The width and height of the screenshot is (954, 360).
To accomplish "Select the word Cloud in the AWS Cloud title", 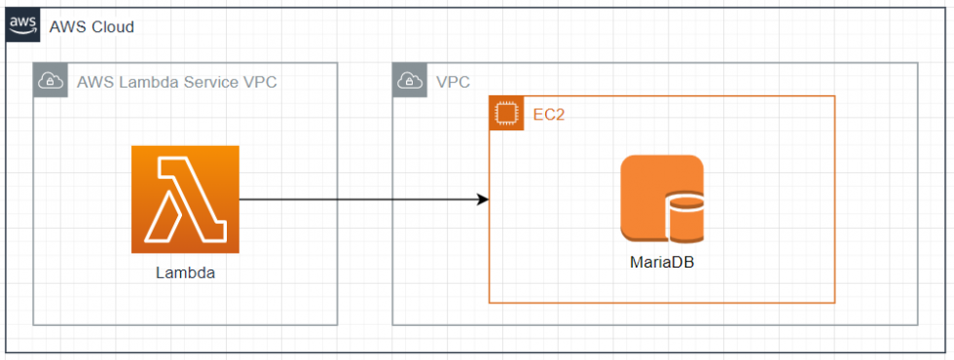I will pyautogui.click(x=112, y=26).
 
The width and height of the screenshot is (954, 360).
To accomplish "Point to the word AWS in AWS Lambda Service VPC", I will pyautogui.click(x=94, y=82).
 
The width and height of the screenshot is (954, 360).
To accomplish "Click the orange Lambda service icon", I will pyautogui.click(x=185, y=199).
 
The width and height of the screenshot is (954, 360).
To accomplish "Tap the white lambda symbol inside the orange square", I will pyautogui.click(x=185, y=199).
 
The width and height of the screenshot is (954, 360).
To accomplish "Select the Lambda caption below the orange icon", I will pyautogui.click(x=185, y=272).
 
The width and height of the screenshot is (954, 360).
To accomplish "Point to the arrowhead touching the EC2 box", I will pyautogui.click(x=482, y=199).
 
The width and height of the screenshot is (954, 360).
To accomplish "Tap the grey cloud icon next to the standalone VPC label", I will pyautogui.click(x=409, y=82).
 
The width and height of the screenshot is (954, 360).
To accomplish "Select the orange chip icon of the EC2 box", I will pyautogui.click(x=505, y=114).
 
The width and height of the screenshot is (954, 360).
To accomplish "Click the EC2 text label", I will pyautogui.click(x=549, y=114).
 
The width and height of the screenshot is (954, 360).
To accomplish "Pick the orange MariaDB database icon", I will pyautogui.click(x=661, y=198).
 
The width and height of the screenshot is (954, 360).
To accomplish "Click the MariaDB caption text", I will pyautogui.click(x=662, y=263).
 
